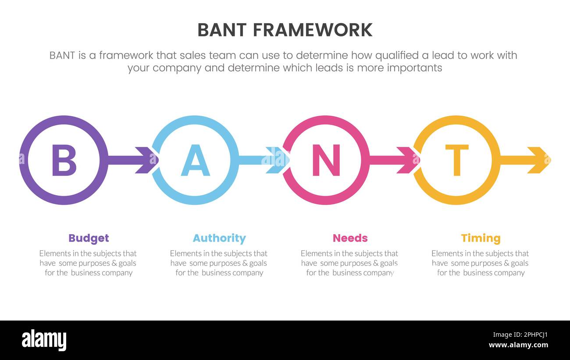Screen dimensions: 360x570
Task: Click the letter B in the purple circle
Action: point(64,160)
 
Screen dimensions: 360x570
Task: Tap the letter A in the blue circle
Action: point(195,160)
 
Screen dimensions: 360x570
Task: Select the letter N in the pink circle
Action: point(326,160)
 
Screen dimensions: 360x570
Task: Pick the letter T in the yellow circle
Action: point(456,160)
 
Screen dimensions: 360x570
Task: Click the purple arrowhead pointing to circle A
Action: point(146,160)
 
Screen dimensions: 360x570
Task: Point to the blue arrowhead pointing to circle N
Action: point(276,160)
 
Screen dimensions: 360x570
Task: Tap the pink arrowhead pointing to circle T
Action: point(407,160)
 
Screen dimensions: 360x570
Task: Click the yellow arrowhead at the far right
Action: point(538,160)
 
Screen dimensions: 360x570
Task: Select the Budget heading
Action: point(89,238)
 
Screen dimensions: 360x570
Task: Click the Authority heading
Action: point(219,238)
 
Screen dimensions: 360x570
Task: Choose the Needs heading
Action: point(350,238)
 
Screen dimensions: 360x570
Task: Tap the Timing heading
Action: point(481,238)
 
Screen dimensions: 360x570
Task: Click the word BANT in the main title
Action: point(221,30)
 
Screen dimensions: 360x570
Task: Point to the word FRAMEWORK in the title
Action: point(313,30)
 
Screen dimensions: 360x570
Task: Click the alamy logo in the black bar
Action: point(44,340)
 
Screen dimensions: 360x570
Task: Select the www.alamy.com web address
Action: point(518,345)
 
